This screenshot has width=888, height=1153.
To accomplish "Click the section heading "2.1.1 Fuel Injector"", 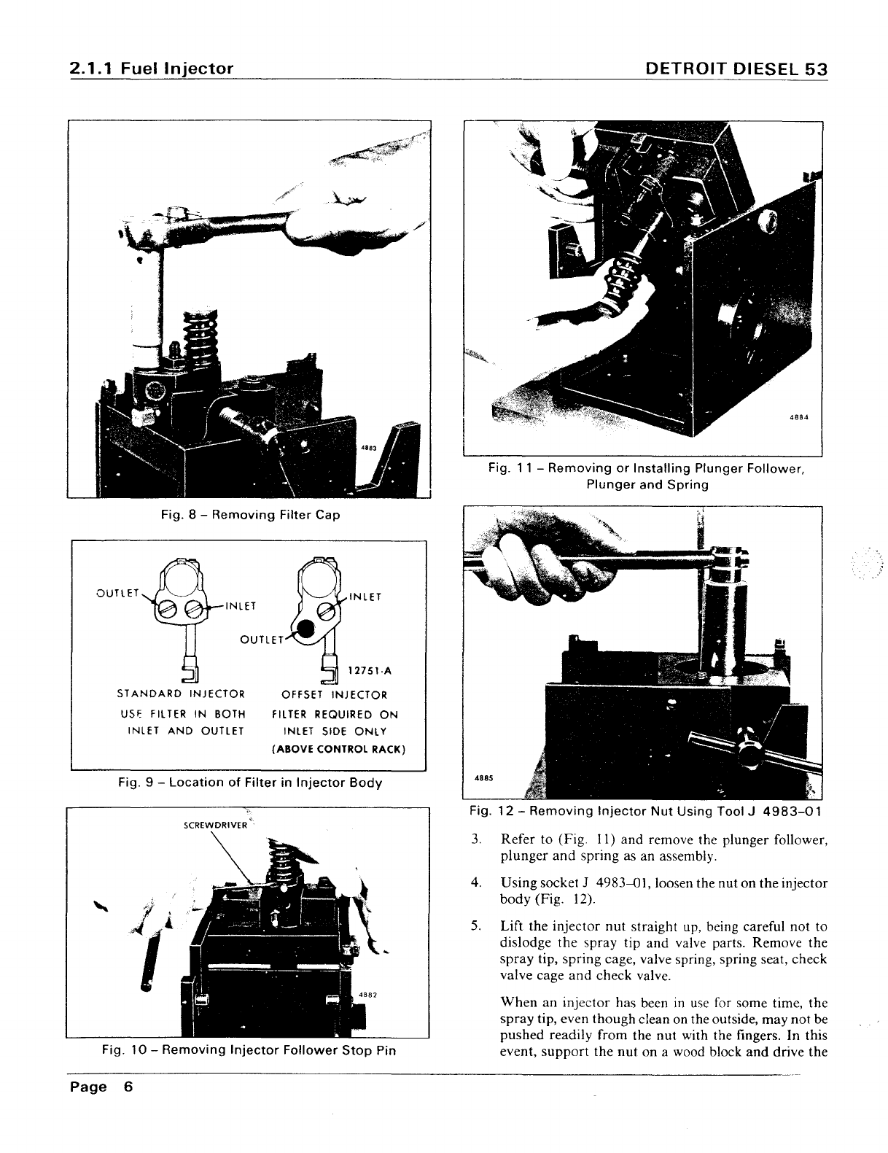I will tap(152, 69).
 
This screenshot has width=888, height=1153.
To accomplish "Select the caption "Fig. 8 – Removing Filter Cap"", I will tap(250, 515).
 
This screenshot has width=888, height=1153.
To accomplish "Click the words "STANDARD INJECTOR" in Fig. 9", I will tap(181, 694).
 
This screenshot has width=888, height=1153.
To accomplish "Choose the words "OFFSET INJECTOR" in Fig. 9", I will tap(335, 695).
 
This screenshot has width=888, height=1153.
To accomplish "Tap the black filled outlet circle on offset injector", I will tap(307, 628).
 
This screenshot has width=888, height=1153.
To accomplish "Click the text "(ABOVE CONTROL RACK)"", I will tap(338, 749).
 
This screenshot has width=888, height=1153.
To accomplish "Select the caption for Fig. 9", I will tap(250, 783).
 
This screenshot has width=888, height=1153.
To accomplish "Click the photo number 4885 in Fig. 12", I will tap(482, 777).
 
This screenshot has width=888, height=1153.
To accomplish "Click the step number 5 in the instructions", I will tap(475, 927).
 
